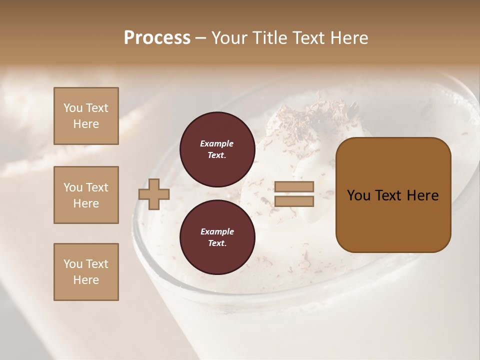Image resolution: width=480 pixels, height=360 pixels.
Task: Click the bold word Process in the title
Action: pos(157,38)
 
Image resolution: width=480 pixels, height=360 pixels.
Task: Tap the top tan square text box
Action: pos(86,116)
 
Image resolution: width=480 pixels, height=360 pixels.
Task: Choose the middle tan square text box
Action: pos(86,195)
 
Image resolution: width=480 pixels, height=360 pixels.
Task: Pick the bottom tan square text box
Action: pos(86,272)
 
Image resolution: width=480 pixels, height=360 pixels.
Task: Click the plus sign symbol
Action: pos(154,194)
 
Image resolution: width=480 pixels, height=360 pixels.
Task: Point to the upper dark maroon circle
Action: pos(217,149)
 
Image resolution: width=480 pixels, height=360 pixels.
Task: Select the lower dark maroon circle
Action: pos(217,237)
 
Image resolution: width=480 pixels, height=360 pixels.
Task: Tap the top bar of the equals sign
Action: pos(294,187)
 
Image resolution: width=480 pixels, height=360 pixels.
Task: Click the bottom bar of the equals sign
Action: pos(294,201)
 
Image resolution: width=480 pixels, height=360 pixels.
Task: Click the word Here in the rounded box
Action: pos(422,195)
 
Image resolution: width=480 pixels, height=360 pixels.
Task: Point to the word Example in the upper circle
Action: pos(217,143)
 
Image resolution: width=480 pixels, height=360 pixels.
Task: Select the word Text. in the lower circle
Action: pos(217,243)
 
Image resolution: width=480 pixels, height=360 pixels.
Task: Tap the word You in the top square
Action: pos(73,108)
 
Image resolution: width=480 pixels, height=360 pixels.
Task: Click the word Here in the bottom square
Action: pos(86,280)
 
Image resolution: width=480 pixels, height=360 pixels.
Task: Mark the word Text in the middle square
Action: pos(96,187)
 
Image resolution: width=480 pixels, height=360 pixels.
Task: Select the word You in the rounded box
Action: pos(358,195)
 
